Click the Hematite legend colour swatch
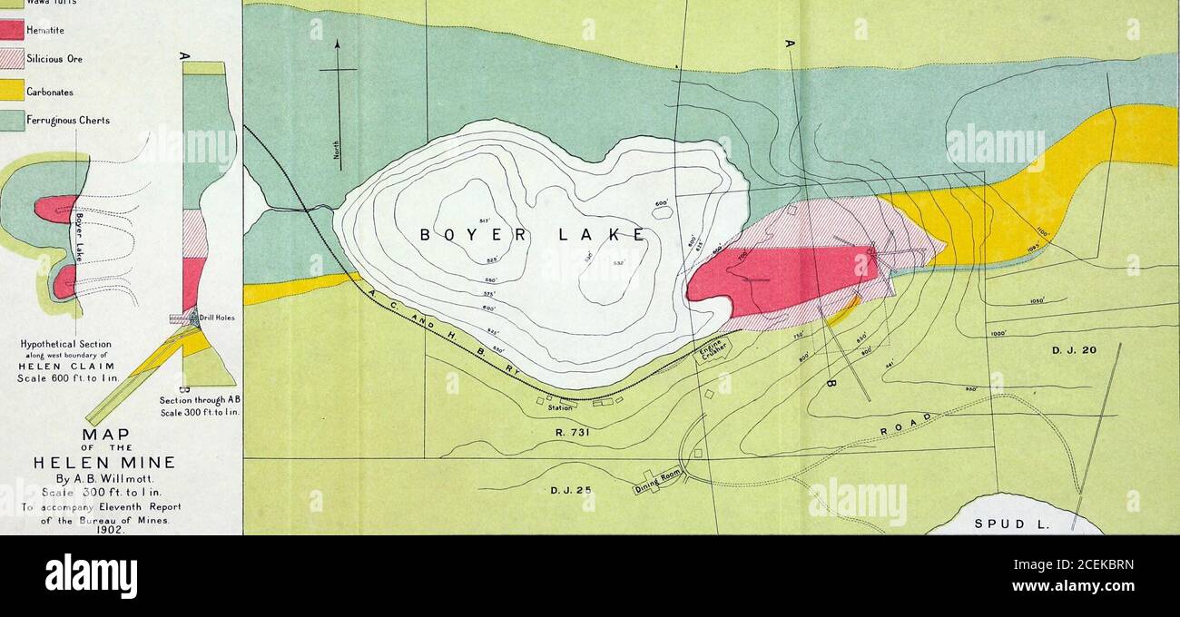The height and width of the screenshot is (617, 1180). tap(11, 30)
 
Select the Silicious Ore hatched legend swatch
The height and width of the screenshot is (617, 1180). tap(11, 60)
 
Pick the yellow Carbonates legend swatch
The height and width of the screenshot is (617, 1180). tap(11, 91)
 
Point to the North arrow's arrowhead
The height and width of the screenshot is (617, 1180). tap(338, 43)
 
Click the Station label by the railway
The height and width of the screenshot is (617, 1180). tap(560, 408)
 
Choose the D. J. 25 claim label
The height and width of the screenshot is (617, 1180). tap(570, 491)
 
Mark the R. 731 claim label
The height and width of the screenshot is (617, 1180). tap(572, 433)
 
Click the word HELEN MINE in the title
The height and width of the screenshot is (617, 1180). tap(116, 464)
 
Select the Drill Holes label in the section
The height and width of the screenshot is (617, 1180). tap(220, 318)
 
